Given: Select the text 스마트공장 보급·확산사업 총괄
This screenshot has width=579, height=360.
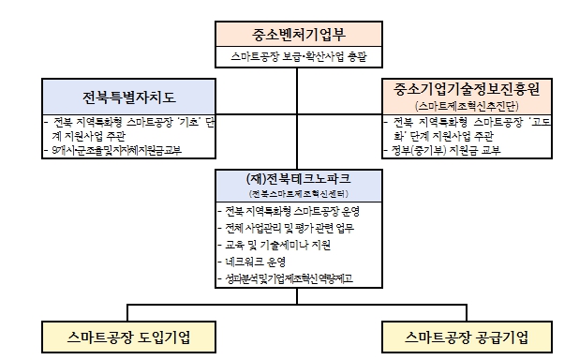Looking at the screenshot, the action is point(298,57).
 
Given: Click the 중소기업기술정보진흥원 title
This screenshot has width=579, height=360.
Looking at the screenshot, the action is point(474,89).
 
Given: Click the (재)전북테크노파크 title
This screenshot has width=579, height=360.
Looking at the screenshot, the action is point(297,178).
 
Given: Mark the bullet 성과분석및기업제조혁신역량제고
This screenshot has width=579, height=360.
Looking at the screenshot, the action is point(289,278).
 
